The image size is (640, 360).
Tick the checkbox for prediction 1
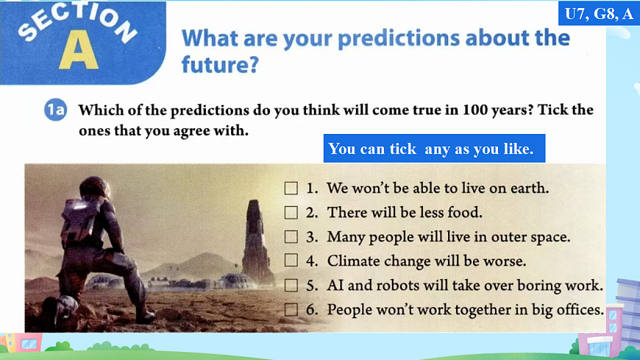coord(291,188)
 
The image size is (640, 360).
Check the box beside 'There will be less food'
coord(291,213)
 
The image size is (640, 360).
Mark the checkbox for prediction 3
coord(291,236)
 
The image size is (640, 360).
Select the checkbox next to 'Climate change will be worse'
coord(291,261)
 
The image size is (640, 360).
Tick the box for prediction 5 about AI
coord(291,285)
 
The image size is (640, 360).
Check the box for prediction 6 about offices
coord(291,309)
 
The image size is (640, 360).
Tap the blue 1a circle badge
coord(55,110)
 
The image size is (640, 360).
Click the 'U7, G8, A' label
coord(599,14)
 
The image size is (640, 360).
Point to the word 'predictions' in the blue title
coord(399,39)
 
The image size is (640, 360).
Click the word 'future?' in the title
coord(220,65)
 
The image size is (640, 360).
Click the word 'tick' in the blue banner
coord(403,149)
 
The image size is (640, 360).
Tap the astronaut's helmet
coord(95,188)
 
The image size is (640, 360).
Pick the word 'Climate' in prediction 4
coord(354,261)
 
